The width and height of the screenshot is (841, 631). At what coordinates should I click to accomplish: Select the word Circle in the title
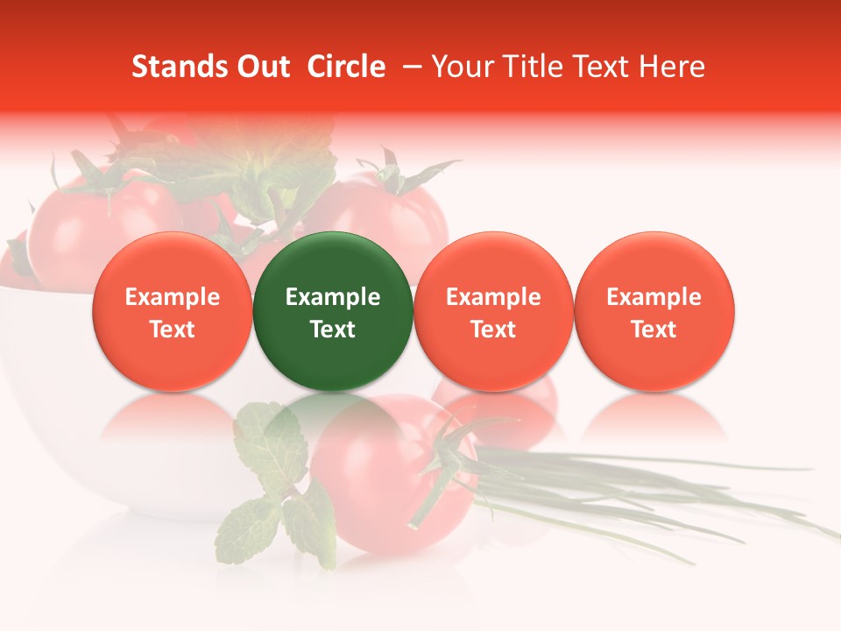[346, 67]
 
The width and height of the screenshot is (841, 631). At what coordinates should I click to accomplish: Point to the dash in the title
[409, 67]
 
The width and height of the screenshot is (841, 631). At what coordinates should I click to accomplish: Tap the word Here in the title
[673, 67]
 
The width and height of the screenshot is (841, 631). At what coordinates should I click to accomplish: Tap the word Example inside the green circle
[333, 297]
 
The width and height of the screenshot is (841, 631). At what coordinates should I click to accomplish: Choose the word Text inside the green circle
[333, 330]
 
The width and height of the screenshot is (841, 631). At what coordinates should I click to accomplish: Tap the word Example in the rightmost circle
[654, 297]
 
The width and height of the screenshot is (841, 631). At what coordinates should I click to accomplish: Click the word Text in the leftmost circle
[173, 330]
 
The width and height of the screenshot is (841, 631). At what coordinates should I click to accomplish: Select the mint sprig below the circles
[272, 491]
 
